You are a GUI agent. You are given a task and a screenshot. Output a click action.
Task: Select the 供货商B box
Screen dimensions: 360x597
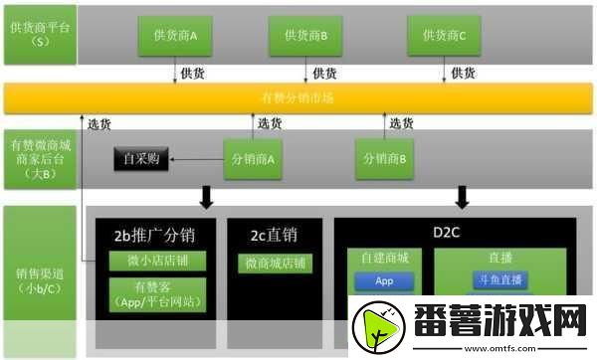[305, 36]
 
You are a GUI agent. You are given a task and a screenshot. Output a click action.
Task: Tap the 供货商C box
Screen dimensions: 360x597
[443, 36]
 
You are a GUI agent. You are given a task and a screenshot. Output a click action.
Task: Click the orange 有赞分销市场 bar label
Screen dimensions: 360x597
[297, 96]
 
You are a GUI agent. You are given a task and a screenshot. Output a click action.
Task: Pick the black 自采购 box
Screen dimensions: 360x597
[141, 158]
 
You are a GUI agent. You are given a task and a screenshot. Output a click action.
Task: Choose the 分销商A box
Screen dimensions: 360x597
[254, 158]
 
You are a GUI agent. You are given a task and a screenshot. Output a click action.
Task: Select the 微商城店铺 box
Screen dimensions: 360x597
[276, 265]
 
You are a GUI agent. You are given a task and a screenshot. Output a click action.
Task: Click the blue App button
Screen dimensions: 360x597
[385, 280]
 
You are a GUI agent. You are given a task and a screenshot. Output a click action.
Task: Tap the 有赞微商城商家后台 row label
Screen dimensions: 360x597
[39, 158]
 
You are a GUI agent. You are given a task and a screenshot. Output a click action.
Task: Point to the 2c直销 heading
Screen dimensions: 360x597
[275, 237]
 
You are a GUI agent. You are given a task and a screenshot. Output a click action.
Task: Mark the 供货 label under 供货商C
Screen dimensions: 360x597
[463, 73]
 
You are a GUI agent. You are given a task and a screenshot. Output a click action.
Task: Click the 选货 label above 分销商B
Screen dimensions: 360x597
[401, 123]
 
